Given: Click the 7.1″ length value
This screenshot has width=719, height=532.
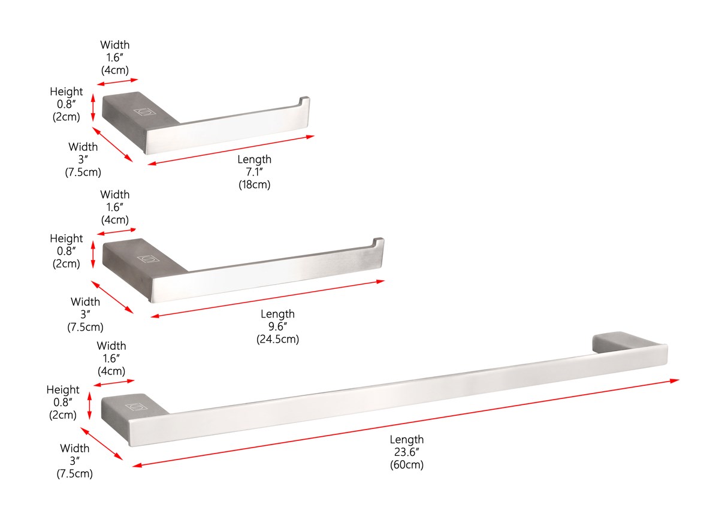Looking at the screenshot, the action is pos(254,172).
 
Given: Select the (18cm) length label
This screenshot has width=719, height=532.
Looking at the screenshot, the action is pos(255,185).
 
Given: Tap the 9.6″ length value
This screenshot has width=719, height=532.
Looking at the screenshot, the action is pos(277,327).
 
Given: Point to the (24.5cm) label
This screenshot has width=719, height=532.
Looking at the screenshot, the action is pos(277,340).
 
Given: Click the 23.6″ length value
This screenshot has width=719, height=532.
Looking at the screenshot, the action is pos(406,452).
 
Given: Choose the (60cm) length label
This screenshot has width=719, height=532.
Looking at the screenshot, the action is pos(406,465).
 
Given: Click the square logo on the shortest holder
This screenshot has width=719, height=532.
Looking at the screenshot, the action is pos(143,111).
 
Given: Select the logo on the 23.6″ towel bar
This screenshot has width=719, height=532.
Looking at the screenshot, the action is pos(135,407).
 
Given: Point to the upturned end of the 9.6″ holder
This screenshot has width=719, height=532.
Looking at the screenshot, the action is pos(378,242).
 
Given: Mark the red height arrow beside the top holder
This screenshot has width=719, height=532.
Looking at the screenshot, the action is pos(93,107).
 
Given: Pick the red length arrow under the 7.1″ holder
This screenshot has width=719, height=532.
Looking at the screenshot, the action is pos(231,150).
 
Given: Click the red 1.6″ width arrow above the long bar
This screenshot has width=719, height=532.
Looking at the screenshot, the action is pos(114,383).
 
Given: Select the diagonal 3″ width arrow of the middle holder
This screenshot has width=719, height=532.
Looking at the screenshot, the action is pos(113,297).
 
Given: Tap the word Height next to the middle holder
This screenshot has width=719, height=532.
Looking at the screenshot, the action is pos(66,238).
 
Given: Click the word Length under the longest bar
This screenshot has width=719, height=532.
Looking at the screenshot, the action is pos(406,440).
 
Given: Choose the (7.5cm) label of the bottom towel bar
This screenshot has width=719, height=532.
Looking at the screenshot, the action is pos(74,474).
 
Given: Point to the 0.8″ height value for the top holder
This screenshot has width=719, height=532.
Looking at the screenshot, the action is pos(67,104).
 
